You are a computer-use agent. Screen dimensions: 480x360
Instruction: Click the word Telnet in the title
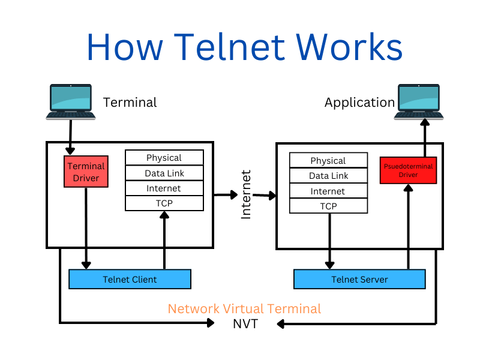tap(230, 47)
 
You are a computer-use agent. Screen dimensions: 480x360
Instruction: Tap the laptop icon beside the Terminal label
tap(71, 101)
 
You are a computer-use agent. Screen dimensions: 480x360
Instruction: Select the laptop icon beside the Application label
tap(419, 101)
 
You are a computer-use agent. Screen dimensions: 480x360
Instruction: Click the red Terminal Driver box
tap(86, 172)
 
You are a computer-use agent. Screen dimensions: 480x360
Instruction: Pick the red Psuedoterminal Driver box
tap(409, 170)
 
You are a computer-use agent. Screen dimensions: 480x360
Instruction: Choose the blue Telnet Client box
tap(130, 279)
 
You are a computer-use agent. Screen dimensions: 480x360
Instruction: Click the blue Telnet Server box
tap(359, 279)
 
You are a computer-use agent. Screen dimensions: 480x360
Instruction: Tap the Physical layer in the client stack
tap(164, 157)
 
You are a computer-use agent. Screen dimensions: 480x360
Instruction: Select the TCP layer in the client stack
tap(164, 203)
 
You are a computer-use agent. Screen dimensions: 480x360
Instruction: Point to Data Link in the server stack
tap(328, 176)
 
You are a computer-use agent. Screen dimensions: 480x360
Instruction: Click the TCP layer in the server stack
tap(328, 206)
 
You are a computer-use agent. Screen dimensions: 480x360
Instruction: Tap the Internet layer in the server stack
tap(328, 191)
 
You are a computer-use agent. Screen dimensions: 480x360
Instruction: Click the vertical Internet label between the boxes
tap(246, 194)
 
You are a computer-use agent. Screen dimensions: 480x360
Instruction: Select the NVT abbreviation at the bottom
tap(245, 324)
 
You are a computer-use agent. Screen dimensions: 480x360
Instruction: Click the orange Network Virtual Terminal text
tap(244, 308)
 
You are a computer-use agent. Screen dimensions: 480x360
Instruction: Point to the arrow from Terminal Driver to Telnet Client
tap(86, 229)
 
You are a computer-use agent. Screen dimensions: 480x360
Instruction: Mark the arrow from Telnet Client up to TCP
tap(164, 241)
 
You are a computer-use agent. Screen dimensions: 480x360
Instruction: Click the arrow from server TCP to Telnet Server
tap(329, 241)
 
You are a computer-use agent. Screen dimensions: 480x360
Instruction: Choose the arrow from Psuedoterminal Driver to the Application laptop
tap(425, 138)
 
